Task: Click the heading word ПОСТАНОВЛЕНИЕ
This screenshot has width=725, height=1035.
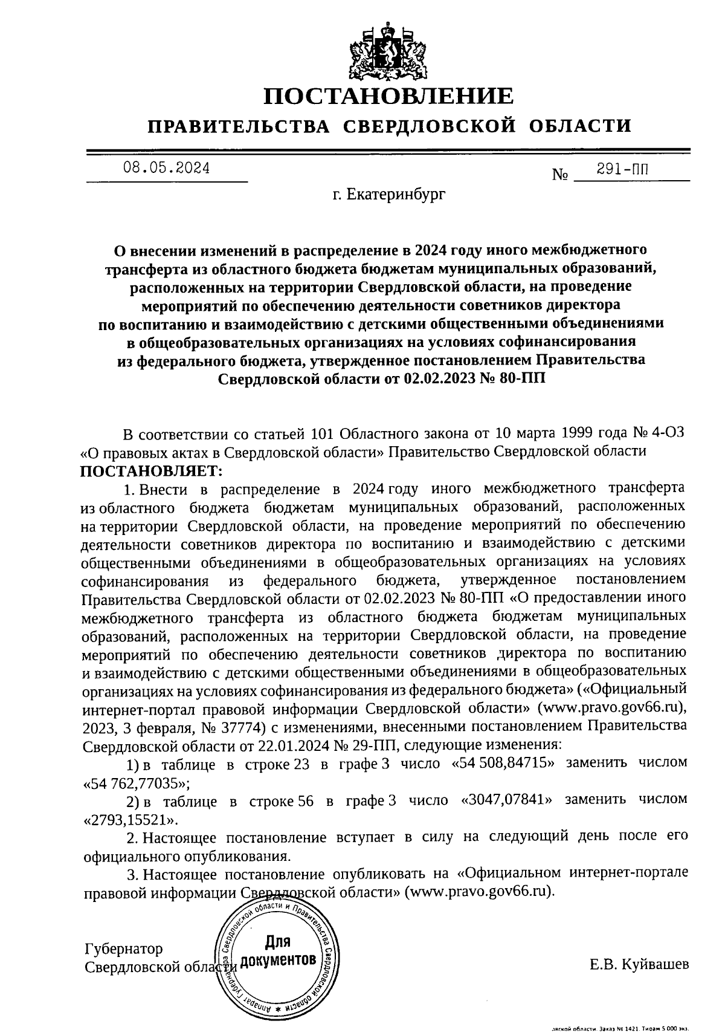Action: (x=390, y=96)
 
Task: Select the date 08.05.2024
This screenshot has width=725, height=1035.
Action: (x=167, y=169)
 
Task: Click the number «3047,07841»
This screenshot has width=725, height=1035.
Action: (x=507, y=800)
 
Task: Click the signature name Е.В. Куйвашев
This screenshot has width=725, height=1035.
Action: (x=639, y=964)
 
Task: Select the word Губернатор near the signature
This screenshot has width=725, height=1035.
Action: (x=123, y=949)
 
